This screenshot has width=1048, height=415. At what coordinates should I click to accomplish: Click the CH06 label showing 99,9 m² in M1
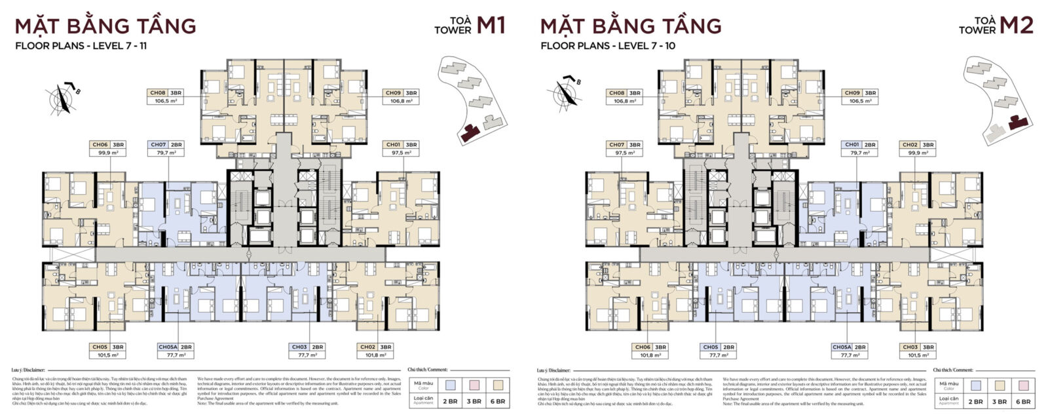(x=100, y=144)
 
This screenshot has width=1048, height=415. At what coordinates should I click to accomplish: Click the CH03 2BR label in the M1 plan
(x=300, y=347)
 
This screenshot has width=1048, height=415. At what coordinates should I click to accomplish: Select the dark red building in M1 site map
(x=470, y=133)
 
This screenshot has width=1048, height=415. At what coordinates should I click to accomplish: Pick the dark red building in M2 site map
(x=1018, y=122)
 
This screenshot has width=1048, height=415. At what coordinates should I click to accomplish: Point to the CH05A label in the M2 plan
(x=842, y=347)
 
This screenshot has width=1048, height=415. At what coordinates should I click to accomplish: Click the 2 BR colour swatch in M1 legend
(x=449, y=384)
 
